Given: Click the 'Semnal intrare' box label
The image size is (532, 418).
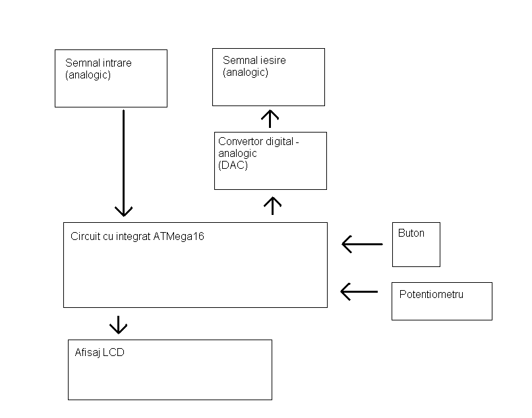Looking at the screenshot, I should click(98, 63).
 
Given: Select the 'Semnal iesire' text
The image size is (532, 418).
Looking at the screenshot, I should click(254, 61).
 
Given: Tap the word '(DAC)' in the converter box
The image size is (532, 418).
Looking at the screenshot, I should click(233, 165).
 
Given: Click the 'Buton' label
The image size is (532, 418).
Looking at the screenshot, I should click(411, 233).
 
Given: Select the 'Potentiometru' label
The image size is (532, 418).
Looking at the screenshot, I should click(431, 294).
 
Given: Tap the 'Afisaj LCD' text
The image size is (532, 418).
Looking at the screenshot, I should click(100, 353).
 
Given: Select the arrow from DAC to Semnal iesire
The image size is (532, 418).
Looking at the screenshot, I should click(270, 119).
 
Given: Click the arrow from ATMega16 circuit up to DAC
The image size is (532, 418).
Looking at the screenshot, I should click(272, 205).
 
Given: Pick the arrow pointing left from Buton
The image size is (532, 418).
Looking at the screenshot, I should click(363, 245).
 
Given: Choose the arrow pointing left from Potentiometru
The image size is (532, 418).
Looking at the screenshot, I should click(360, 291).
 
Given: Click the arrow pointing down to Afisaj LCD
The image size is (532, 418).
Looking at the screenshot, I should click(118, 324).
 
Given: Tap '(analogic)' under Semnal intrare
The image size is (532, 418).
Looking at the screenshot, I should click(88, 75).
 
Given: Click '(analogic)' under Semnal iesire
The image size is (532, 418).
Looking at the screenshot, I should click(245, 73).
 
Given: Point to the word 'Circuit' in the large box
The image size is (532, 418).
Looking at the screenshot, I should click(85, 236).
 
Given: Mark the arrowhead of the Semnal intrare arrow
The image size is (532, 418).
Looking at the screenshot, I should click(123, 211).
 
